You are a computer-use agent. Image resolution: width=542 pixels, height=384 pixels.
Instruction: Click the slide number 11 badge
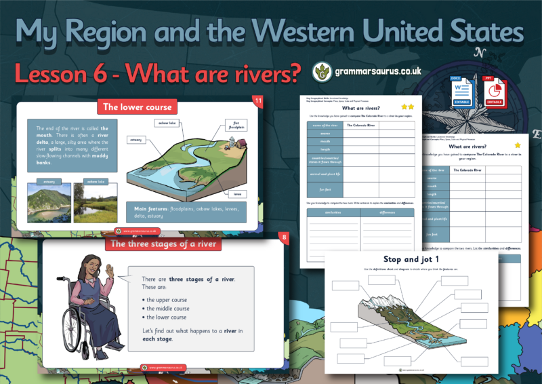[x=257, y=102]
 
